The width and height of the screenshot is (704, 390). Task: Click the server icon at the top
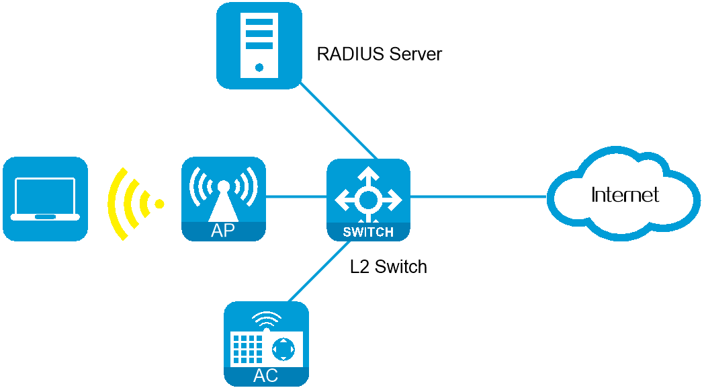coord(259,45)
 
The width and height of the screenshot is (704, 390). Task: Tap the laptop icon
coord(45,198)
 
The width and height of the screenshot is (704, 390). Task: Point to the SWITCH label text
coord(368,233)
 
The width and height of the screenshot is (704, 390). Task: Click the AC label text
coord(266,376)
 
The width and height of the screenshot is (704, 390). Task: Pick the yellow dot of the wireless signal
coord(159,203)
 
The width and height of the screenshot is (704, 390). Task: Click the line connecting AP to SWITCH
coord(296,197)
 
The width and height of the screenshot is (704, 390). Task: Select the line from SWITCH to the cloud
coord(478,197)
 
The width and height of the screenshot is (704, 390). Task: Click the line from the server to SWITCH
coord(339,120)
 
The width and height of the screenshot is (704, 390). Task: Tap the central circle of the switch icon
coord(368,199)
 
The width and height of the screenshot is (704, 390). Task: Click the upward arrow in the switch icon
coord(368,176)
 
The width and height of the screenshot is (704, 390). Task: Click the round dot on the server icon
coord(259,67)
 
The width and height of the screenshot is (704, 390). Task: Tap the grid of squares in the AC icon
coord(248,349)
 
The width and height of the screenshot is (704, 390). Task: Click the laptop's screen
coord(45,195)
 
